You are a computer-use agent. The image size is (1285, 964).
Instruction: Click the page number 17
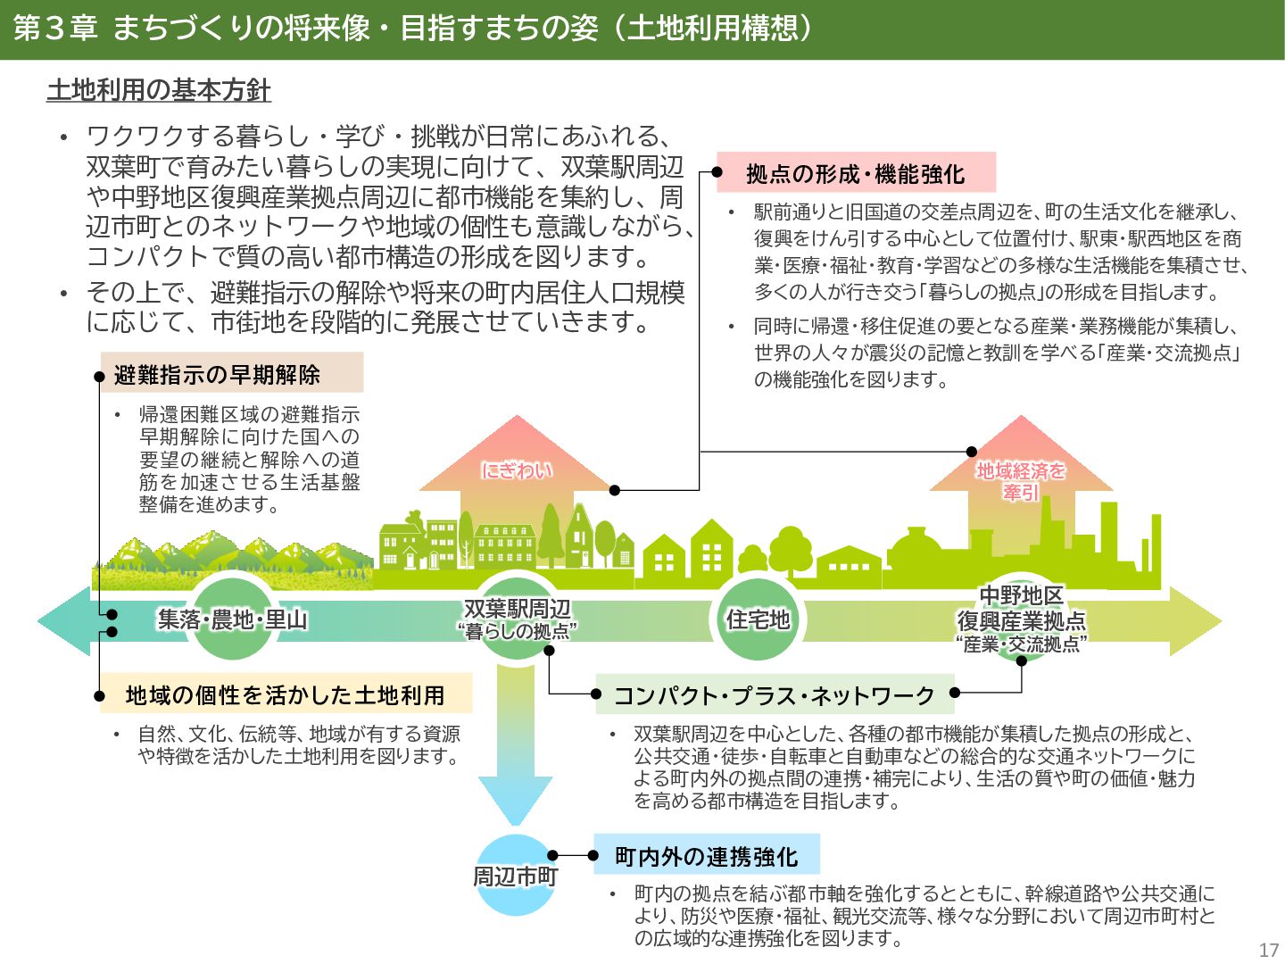[1268, 950]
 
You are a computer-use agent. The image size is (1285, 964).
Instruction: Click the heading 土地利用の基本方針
[158, 90]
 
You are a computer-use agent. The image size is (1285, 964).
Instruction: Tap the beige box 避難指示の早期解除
[231, 374]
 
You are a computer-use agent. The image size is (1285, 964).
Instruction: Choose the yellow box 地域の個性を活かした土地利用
[285, 694]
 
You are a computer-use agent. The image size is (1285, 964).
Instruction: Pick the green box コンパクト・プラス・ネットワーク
[774, 694]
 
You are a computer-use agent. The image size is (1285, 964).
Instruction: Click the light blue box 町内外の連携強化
[706, 856]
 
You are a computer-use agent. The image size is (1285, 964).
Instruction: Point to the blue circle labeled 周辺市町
[515, 876]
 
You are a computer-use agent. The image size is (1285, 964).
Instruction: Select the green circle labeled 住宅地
[757, 619]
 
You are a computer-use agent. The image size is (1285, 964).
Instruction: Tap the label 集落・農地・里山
[232, 619]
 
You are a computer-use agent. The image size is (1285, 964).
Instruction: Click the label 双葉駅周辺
[517, 609]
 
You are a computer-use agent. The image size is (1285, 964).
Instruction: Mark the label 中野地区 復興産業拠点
[1021, 608]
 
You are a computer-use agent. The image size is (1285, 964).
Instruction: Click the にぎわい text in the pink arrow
[517, 470]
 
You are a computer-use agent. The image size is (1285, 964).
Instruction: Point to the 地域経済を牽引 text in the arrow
[1021, 480]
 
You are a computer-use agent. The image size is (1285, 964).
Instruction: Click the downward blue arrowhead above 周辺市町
[515, 800]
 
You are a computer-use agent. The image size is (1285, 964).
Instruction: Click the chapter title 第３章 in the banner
[55, 29]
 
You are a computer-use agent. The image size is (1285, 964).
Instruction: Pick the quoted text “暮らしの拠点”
[517, 632]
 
